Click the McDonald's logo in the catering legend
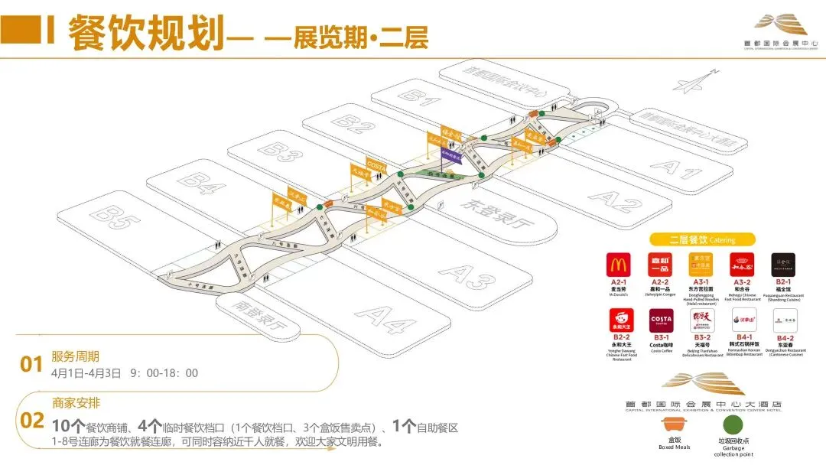(618, 265)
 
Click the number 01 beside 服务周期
(31, 365)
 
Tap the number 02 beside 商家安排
(31, 421)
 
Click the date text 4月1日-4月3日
(86, 373)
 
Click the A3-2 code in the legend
(743, 282)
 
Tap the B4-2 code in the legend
(785, 337)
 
